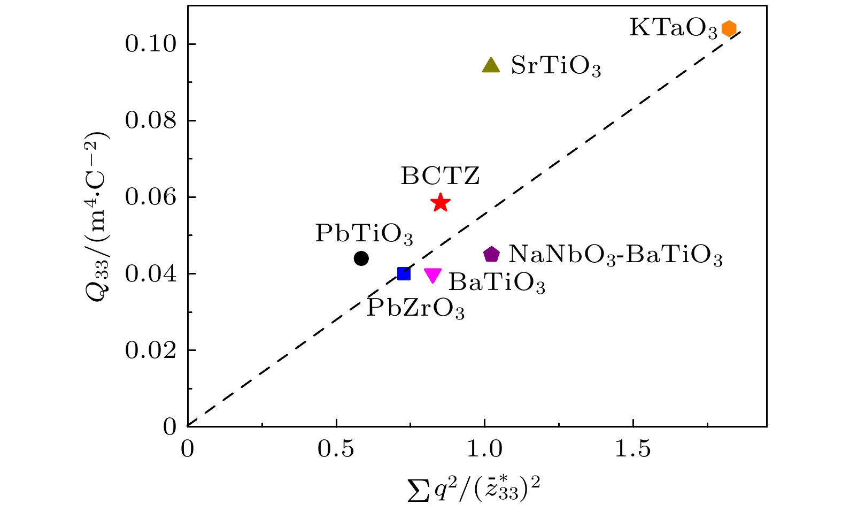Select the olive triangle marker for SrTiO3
pyautogui.click(x=491, y=65)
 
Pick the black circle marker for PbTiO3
pyautogui.click(x=361, y=258)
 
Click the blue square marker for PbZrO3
pyautogui.click(x=404, y=274)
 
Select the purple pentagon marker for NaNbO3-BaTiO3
pyautogui.click(x=491, y=255)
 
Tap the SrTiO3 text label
pyautogui.click(x=556, y=66)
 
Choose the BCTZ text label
pyautogui.click(x=441, y=176)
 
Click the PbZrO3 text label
pyautogui.click(x=415, y=309)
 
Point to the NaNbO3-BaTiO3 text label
pyautogui.click(x=615, y=255)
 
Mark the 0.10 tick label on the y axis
pyautogui.click(x=151, y=44)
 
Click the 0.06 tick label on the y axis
pyautogui.click(x=151, y=197)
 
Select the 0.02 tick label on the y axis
pyautogui.click(x=151, y=350)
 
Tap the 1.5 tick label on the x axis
pyautogui.click(x=632, y=449)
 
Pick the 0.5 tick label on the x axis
pyautogui.click(x=336, y=449)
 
